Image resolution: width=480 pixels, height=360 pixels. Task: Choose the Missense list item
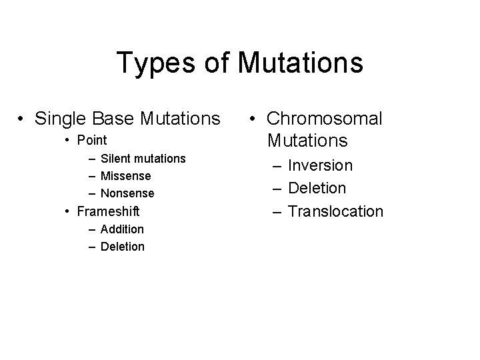pyautogui.click(x=125, y=176)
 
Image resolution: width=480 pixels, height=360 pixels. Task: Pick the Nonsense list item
pyautogui.click(x=127, y=193)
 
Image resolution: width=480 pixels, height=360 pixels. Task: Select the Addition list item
pyautogui.click(x=122, y=229)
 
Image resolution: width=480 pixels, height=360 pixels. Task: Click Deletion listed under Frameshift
pyautogui.click(x=122, y=247)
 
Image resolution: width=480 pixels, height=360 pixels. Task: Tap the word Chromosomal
pyautogui.click(x=324, y=119)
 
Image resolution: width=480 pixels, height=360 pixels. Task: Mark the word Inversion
pyautogui.click(x=320, y=165)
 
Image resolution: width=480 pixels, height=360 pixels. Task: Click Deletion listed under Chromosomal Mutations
pyautogui.click(x=317, y=189)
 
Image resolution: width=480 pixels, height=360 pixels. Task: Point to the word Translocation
pyautogui.click(x=335, y=212)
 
